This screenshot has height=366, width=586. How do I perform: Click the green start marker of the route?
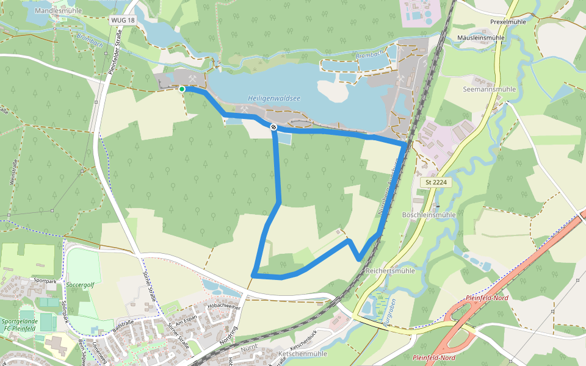tap(182, 89)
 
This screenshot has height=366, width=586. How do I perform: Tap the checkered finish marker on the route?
tap(273, 127)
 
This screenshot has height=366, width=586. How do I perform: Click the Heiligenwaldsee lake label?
tap(274, 98)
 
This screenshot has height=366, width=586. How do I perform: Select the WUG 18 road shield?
tap(123, 20)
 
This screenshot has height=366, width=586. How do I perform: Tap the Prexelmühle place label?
tap(508, 22)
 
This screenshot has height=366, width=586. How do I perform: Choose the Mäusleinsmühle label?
tap(481, 38)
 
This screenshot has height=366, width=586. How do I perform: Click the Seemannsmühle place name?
tap(490, 89)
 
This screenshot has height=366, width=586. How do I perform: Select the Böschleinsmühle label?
tap(429, 215)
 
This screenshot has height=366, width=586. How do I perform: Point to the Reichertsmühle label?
tap(390, 270)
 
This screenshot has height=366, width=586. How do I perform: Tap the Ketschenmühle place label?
tap(303, 354)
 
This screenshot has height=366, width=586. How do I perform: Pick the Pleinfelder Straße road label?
tap(112, 54)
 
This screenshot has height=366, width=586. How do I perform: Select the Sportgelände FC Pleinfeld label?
tap(18, 325)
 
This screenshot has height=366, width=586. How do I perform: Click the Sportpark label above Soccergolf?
tap(45, 281)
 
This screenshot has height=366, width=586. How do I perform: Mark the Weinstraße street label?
tap(12, 173)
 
